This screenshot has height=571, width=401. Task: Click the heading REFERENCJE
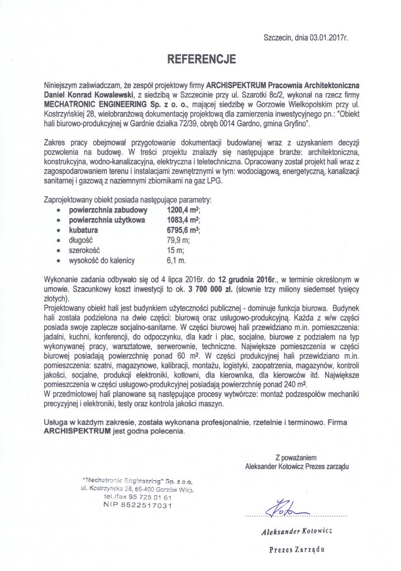(x=200, y=57)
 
